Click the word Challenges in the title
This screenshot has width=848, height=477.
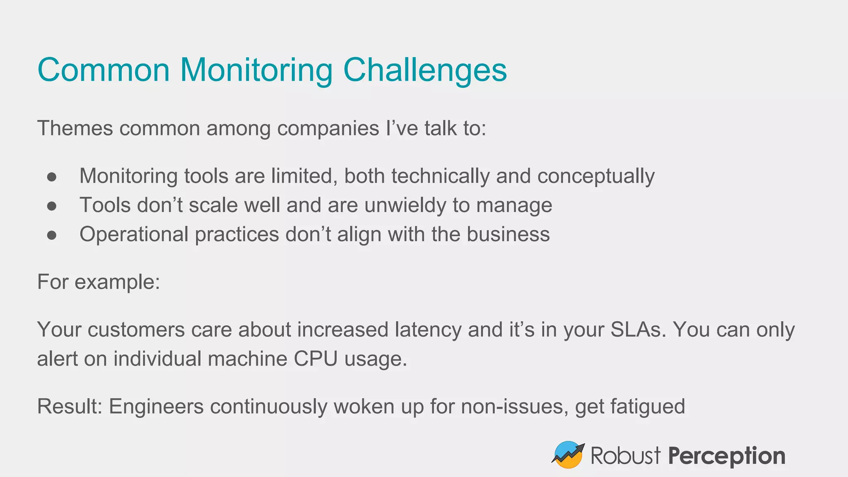point(425,70)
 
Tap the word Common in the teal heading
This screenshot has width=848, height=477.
point(104,70)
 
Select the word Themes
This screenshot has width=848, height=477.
point(75,128)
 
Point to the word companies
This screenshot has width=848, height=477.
point(328,129)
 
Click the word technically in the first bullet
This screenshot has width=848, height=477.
point(440,176)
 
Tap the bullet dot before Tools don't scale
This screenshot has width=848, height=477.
point(52,206)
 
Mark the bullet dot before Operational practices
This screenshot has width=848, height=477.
point(52,235)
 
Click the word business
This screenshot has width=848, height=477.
point(508,234)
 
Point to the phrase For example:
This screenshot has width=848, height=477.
point(99,282)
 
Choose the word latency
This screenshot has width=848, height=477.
point(428,330)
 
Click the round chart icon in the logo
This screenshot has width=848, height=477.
point(568,455)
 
